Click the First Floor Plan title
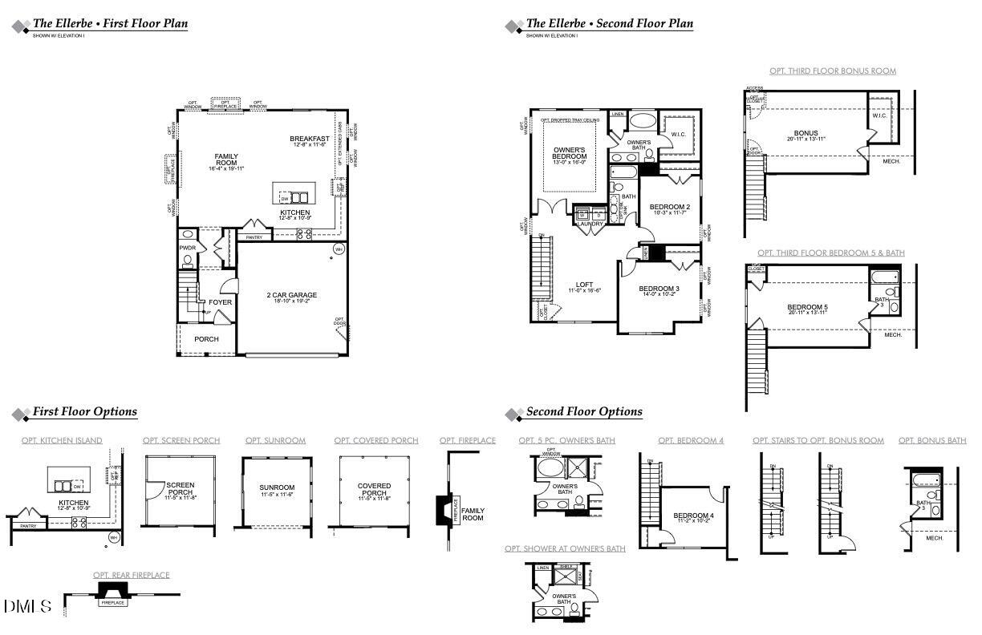click(110, 23)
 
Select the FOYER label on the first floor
click(221, 302)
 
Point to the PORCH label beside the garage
click(206, 339)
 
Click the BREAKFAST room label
click(310, 139)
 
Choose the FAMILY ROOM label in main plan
click(226, 160)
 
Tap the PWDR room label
click(188, 249)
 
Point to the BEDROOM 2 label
click(669, 206)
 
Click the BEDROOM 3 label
click(659, 289)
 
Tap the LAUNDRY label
click(590, 224)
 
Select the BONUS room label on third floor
click(805, 133)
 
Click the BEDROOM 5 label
click(806, 307)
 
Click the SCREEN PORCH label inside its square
click(181, 488)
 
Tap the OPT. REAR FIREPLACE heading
click(131, 575)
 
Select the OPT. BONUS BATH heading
click(932, 440)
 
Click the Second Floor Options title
click(584, 412)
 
